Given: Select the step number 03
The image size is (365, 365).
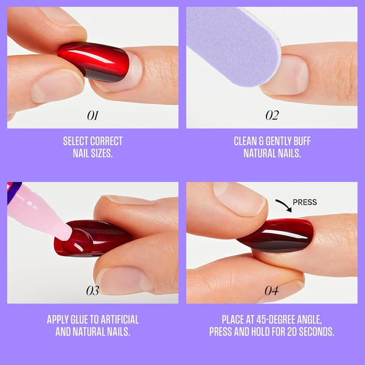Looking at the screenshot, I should coord(92,291).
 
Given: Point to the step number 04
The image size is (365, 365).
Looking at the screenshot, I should coord(271,291).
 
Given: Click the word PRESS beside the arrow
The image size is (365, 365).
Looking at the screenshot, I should coord(304,203).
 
